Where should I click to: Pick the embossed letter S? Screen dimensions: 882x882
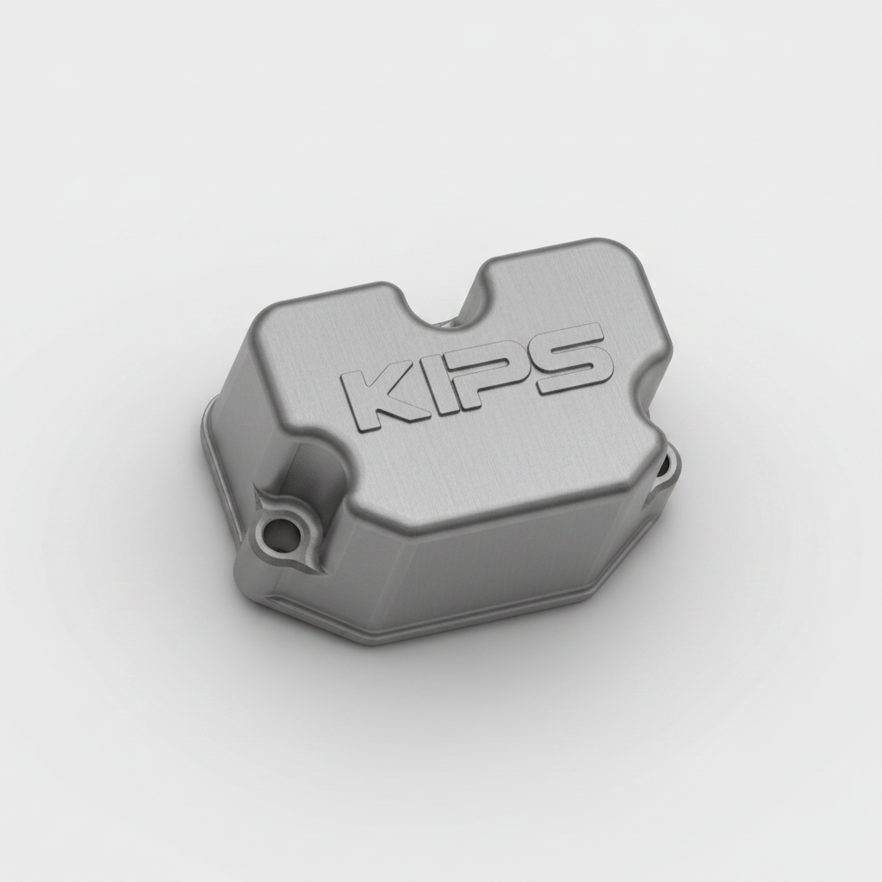(569, 359)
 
